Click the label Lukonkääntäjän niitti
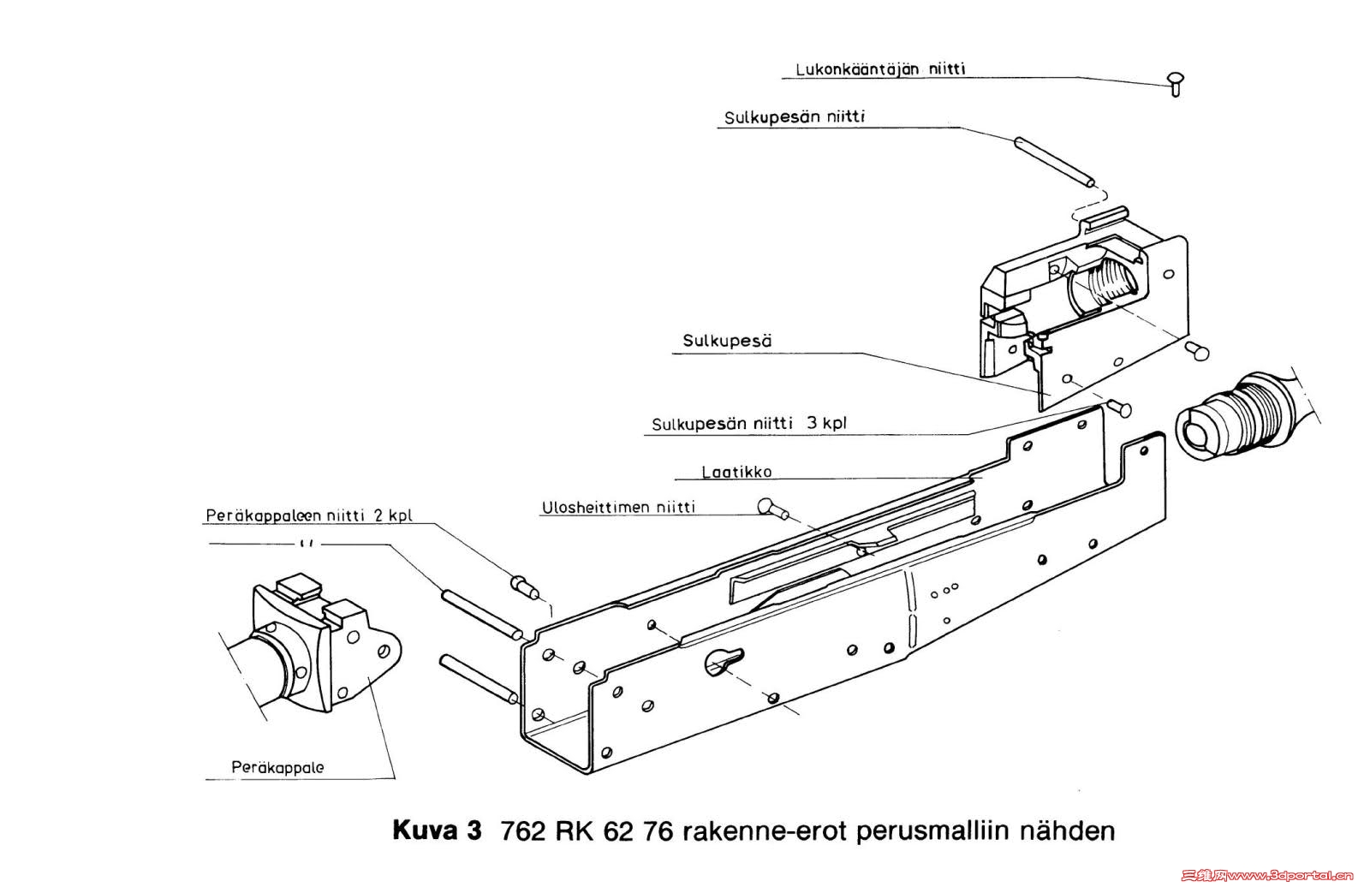point(880,68)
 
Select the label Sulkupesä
point(727,341)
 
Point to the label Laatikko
point(736,472)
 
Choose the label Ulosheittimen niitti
point(618,507)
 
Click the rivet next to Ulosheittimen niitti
point(771,509)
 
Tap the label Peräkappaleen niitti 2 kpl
point(308,515)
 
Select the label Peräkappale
point(277,767)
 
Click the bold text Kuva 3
point(437,830)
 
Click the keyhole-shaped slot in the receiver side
point(724,658)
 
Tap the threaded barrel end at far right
point(1233,420)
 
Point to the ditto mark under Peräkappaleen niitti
point(306,543)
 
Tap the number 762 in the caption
point(524,831)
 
